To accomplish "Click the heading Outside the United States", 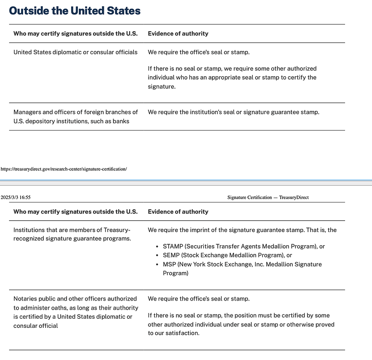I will [x=74, y=10].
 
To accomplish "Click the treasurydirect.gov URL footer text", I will [x=63, y=169].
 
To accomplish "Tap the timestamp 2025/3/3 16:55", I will [x=15, y=197].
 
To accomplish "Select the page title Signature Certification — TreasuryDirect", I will [x=268, y=197].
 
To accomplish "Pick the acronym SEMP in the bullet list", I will [x=171, y=255].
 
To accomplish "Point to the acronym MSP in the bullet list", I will [x=169, y=264].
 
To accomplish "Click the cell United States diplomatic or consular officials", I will [x=75, y=52].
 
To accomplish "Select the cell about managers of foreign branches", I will [x=75, y=117].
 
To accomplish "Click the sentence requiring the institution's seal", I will [x=233, y=112].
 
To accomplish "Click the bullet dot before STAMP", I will [x=158, y=247].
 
